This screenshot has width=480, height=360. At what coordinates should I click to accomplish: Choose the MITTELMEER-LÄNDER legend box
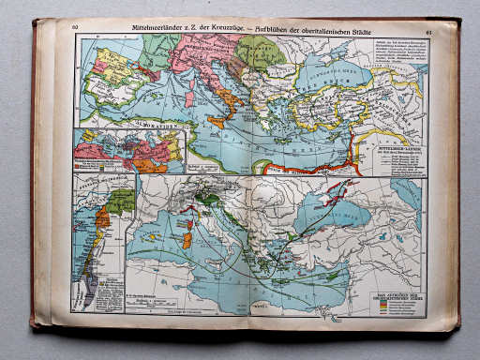399,154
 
